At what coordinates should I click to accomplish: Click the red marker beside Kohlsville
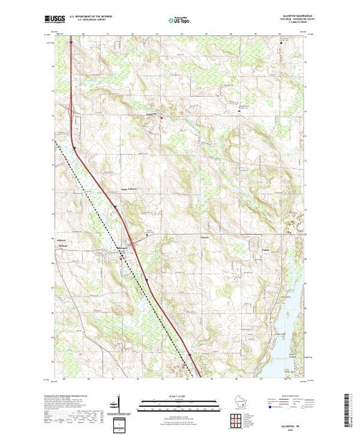(162, 117)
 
